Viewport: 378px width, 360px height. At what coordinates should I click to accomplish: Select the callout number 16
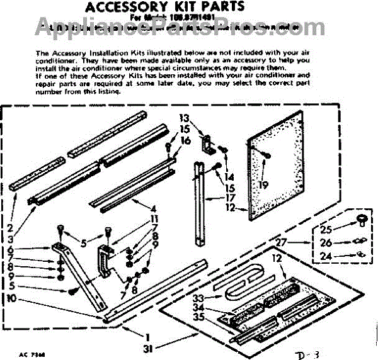coord(185,140)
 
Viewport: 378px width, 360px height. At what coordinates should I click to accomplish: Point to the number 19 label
coord(264,185)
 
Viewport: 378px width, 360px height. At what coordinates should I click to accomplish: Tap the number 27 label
coord(282,242)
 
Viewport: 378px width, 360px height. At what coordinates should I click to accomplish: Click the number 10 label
coord(12,298)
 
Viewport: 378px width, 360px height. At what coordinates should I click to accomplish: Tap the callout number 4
coord(153,208)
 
